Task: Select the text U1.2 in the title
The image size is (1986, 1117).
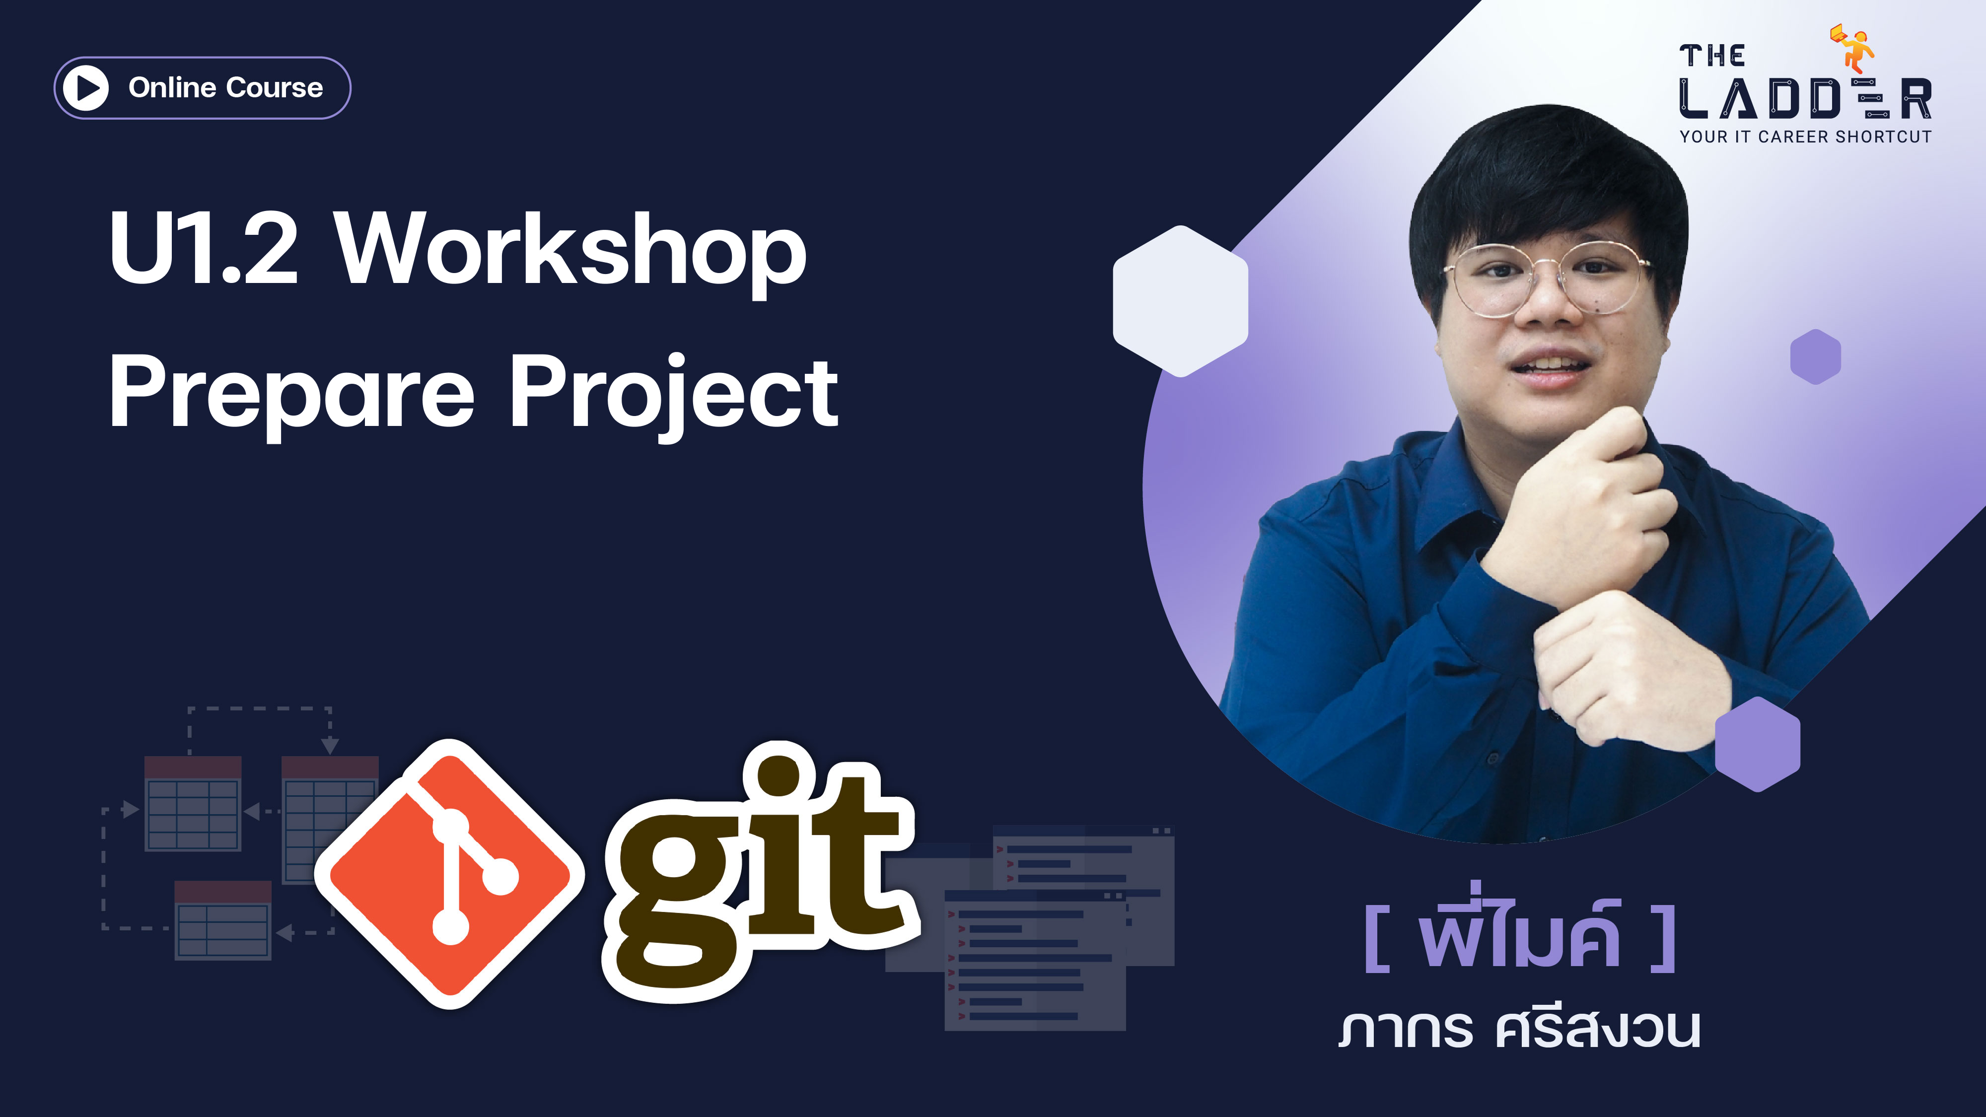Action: [x=203, y=248]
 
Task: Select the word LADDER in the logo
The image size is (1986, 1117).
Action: [x=1805, y=99]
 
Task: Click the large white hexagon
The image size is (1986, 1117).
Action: [x=1180, y=301]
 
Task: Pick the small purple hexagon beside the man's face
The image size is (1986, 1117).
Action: [x=1816, y=356]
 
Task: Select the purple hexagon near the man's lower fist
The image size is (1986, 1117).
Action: [x=1758, y=744]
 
